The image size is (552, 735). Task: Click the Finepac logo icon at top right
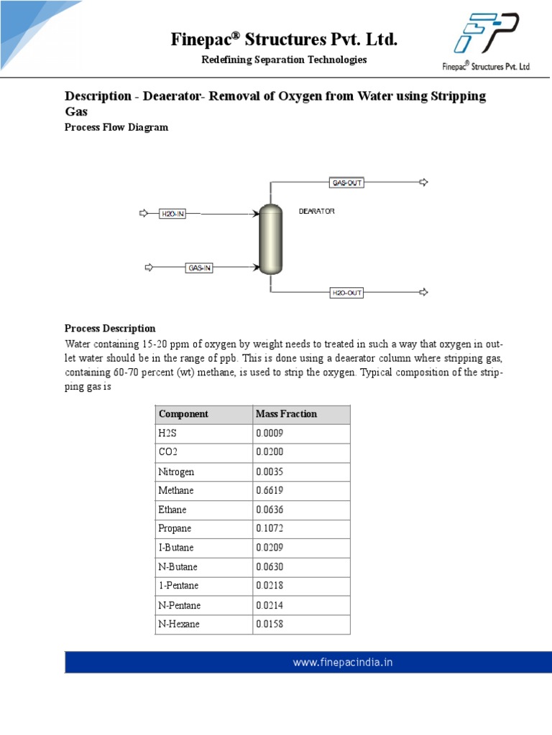pyautogui.click(x=487, y=34)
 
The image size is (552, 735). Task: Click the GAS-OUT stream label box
pyautogui.click(x=346, y=182)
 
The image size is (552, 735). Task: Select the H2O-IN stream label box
pyautogui.click(x=172, y=213)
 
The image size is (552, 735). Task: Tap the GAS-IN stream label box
pyautogui.click(x=199, y=268)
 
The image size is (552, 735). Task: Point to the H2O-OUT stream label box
pyautogui.click(x=347, y=292)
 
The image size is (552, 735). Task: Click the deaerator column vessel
pyautogui.click(x=270, y=240)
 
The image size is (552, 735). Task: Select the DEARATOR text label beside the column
pyautogui.click(x=317, y=212)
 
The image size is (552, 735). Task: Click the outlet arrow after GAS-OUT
pyautogui.click(x=423, y=182)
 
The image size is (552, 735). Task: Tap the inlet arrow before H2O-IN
pyautogui.click(x=144, y=213)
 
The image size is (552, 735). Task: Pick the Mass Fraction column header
pyautogui.click(x=286, y=414)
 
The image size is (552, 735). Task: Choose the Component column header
pyautogui.click(x=183, y=414)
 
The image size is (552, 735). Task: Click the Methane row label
pyautogui.click(x=176, y=490)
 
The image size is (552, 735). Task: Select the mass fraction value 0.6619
pyautogui.click(x=270, y=490)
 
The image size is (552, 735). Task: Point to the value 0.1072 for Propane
pyautogui.click(x=270, y=528)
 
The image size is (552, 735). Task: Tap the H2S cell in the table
pyautogui.click(x=167, y=434)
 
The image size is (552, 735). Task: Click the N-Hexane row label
pyautogui.click(x=179, y=624)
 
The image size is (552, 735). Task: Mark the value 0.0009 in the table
pyautogui.click(x=270, y=434)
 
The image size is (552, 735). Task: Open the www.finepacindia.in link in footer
pyautogui.click(x=343, y=663)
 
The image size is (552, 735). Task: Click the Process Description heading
pyautogui.click(x=110, y=329)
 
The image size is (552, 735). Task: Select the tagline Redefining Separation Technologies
pyautogui.click(x=284, y=60)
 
